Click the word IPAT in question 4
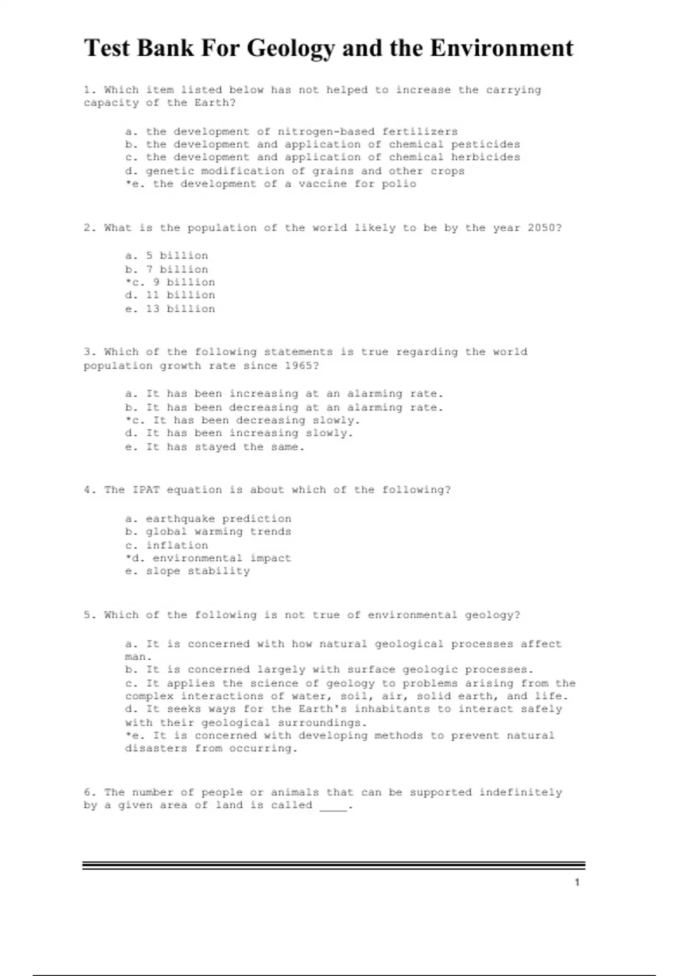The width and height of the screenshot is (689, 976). coord(146,490)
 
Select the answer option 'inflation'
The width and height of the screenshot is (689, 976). coord(177,545)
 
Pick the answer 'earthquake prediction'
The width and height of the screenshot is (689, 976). coord(218,518)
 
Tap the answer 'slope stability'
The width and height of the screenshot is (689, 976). coord(198,571)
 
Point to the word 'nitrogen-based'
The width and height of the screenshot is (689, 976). coord(326,131)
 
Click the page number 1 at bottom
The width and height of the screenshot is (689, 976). coord(577,882)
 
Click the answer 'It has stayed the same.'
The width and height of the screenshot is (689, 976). coord(225,447)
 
